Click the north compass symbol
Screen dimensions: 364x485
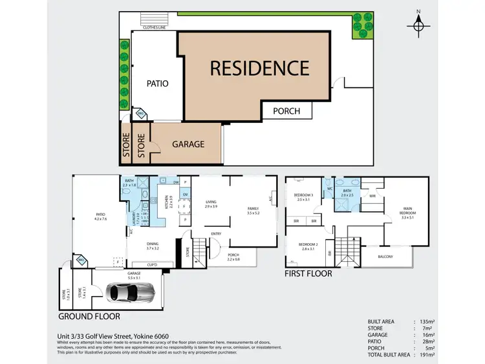(x=419, y=25)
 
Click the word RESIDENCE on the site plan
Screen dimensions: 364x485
(x=258, y=67)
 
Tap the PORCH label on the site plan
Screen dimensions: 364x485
(x=286, y=111)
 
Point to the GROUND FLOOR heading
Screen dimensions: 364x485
(x=89, y=317)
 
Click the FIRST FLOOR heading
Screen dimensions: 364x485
(x=308, y=273)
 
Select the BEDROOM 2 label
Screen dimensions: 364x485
(x=307, y=245)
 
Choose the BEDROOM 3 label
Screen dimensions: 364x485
(x=303, y=195)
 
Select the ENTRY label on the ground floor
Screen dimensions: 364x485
(x=216, y=234)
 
